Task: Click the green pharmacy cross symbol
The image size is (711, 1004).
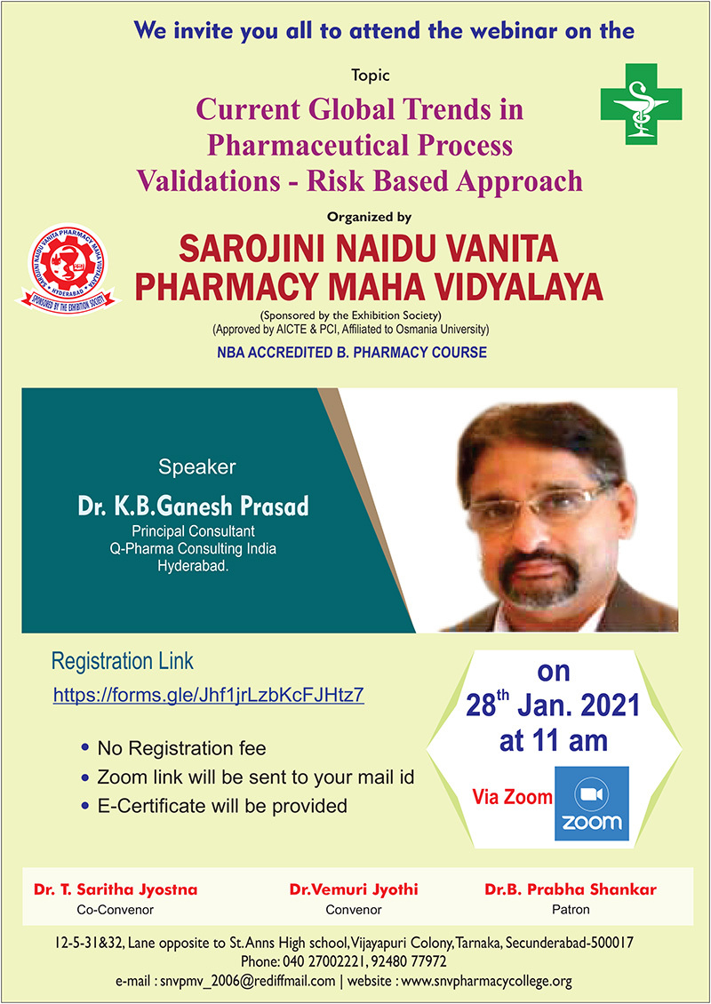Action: click(x=641, y=104)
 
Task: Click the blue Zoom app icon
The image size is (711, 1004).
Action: click(x=591, y=803)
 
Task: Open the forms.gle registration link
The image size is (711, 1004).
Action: click(x=209, y=695)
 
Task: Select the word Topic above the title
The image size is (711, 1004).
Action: click(x=371, y=76)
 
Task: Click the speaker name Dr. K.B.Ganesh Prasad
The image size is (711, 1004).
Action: click(x=194, y=506)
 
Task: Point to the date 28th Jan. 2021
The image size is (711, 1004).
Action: click(x=553, y=705)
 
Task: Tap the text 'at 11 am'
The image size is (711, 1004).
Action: click(x=554, y=741)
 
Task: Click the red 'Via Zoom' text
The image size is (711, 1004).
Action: click(x=512, y=797)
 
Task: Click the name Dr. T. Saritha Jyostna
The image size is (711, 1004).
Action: click(x=116, y=889)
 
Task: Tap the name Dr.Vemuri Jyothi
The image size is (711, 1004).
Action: click(x=354, y=889)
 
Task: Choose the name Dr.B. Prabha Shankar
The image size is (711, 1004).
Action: click(x=570, y=889)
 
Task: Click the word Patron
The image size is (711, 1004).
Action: click(x=571, y=909)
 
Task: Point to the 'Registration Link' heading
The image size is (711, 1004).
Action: click(x=123, y=661)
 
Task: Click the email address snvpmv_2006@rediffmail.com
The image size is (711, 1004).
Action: click(x=248, y=981)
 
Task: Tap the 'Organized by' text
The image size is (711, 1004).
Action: click(x=369, y=217)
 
